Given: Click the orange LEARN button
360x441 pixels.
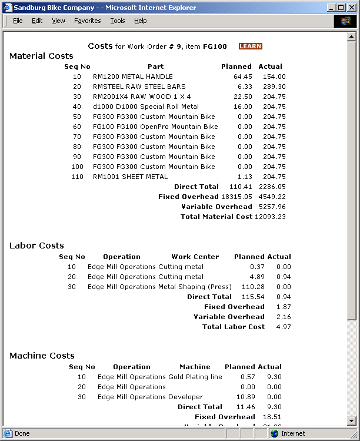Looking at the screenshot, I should (x=250, y=47).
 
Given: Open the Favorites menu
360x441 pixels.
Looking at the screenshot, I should (x=87, y=21).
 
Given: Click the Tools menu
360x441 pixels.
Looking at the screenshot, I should (x=117, y=21).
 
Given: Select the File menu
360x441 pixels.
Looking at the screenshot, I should (x=18, y=21).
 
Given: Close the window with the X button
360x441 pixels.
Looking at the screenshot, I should (x=351, y=8).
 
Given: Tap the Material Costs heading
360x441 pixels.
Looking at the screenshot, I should (x=41, y=57).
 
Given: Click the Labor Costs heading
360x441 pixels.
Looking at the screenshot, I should (x=36, y=246).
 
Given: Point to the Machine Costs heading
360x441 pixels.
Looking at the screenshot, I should (x=42, y=356).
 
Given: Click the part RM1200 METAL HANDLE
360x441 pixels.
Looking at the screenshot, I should (x=132, y=77).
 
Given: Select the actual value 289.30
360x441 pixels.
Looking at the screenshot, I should (x=274, y=87).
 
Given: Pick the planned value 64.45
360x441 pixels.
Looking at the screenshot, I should (x=242, y=77).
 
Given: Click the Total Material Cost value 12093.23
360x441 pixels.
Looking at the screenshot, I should (x=270, y=217).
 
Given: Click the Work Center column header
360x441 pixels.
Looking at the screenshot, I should (x=195, y=257).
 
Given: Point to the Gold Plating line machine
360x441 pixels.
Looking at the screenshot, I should (x=195, y=377).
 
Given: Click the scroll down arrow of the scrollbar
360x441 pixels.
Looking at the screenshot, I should (x=352, y=421).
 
